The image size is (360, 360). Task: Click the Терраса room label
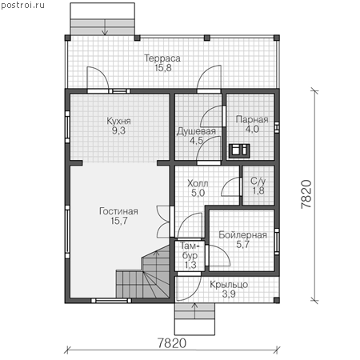click(162, 58)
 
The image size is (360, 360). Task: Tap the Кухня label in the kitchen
click(118, 121)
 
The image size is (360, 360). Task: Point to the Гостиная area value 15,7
click(119, 221)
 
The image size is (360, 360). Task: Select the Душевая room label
click(196, 131)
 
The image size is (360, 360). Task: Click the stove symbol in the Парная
click(239, 150)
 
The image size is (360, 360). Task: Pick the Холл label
click(198, 183)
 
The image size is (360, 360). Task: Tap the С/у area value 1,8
click(258, 190)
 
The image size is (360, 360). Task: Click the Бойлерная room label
click(242, 235)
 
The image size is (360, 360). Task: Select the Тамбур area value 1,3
click(190, 265)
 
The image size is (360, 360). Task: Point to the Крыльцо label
click(229, 285)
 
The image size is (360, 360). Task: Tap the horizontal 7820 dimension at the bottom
click(172, 343)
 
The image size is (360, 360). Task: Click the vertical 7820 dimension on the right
click(306, 194)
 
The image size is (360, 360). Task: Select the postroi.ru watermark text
click(23, 5)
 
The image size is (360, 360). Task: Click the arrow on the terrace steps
click(105, 27)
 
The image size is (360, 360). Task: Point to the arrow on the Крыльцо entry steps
click(194, 310)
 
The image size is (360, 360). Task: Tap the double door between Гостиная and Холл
click(163, 222)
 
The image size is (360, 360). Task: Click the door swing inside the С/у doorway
click(230, 186)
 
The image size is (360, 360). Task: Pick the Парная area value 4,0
click(252, 129)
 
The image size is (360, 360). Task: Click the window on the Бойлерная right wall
click(277, 242)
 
